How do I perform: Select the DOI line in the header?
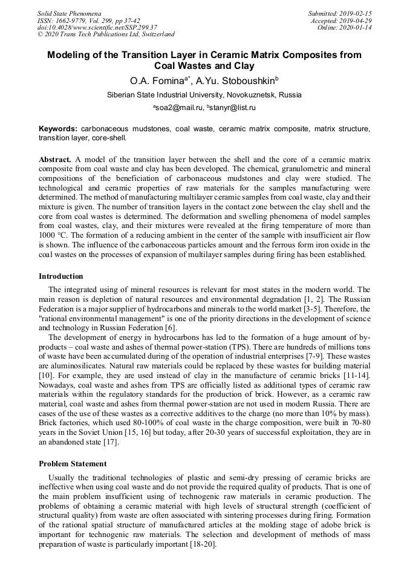coord(97,27)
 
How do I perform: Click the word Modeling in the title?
coord(70,55)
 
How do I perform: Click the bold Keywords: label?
coord(58,129)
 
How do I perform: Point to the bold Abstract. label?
coord(55,159)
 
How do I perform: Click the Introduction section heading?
coord(61,276)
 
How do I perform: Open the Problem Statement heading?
coord(73,464)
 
